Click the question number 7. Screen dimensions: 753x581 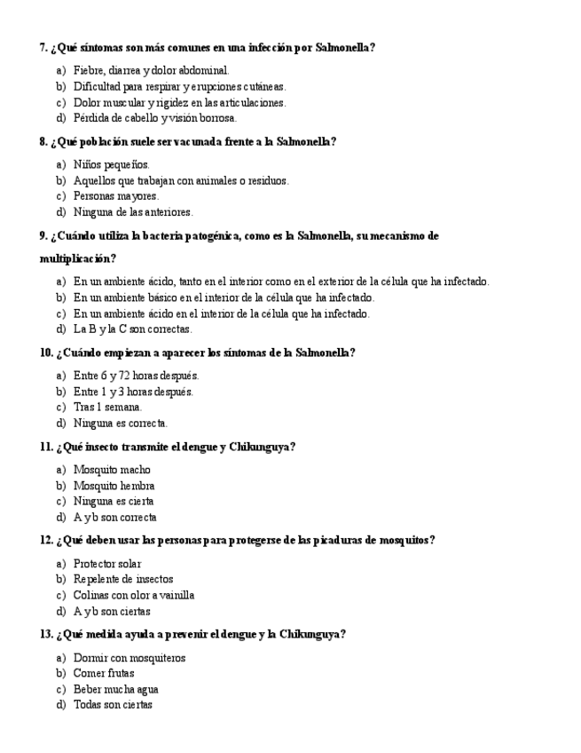pyautogui.click(x=43, y=47)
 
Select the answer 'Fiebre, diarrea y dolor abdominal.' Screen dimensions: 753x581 pyautogui.click(x=151, y=70)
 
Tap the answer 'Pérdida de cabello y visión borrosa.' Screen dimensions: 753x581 pyautogui.click(x=154, y=118)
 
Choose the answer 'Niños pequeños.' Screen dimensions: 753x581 pyautogui.click(x=111, y=164)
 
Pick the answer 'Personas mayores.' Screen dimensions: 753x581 pyautogui.click(x=115, y=196)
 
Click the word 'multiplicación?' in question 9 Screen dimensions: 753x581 pyautogui.click(x=77, y=258)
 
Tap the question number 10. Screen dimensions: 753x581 pyautogui.click(x=46, y=353)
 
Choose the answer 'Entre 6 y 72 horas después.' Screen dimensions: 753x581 pyautogui.click(x=136, y=376)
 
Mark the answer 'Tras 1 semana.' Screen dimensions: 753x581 pyautogui.click(x=107, y=408)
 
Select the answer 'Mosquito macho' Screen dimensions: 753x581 pyautogui.click(x=112, y=470)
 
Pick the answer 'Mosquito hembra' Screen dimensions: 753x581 pyautogui.click(x=114, y=486)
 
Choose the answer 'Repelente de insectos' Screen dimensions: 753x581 pyautogui.click(x=123, y=579)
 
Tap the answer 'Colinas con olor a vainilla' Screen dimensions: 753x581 pyautogui.click(x=133, y=595)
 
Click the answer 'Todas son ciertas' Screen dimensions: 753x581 pyautogui.click(x=113, y=705)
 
